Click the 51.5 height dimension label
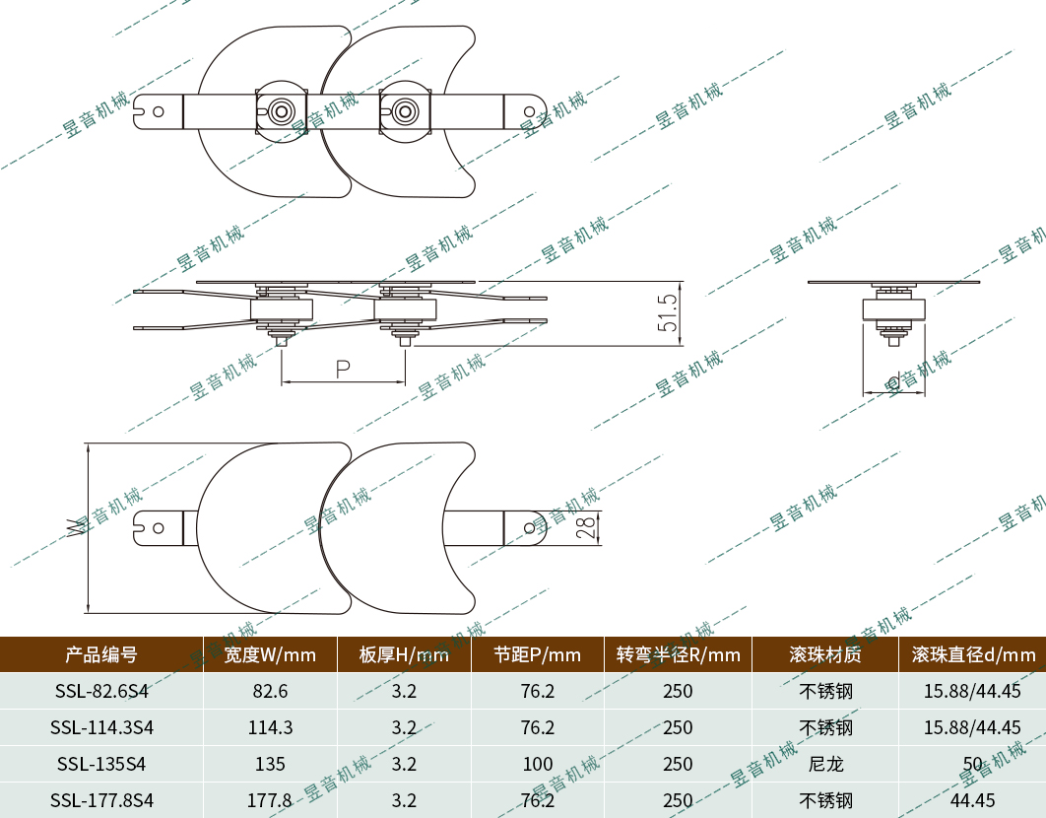669,312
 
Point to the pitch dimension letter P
343,370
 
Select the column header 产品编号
101,654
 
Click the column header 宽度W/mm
270,654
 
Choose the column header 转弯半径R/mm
678,654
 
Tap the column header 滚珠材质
825,654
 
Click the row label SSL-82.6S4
101,691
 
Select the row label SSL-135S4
101,764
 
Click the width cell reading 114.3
270,727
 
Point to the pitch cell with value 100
538,764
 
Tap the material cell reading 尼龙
825,764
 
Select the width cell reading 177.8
270,800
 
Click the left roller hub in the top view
282,110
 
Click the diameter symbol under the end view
894,381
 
